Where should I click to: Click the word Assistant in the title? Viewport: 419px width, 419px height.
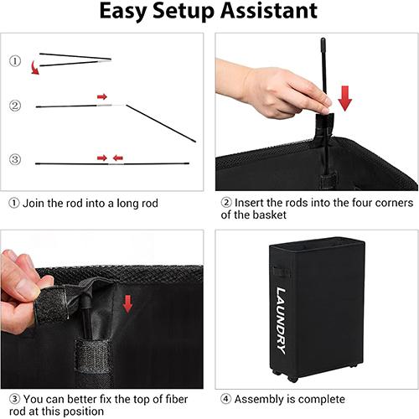coord(269,11)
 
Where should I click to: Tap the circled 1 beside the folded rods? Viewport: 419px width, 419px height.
coord(15,60)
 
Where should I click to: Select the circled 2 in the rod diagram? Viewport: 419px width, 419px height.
coord(15,106)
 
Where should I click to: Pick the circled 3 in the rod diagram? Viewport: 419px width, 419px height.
coord(15,159)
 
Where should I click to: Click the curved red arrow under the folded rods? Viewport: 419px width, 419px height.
coord(34,68)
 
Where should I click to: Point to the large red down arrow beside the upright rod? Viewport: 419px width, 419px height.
coord(345,98)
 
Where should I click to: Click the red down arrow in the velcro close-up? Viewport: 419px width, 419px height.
coord(127,304)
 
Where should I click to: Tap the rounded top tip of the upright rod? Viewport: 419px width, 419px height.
coord(323,39)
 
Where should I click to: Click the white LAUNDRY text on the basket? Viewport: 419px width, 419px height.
coord(282,321)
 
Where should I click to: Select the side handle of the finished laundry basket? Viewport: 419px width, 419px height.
coord(277,272)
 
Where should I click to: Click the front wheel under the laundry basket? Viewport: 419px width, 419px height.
coord(292,379)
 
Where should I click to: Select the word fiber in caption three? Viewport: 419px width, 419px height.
coord(177,399)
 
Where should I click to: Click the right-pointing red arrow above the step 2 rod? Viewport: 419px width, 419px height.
coord(102,96)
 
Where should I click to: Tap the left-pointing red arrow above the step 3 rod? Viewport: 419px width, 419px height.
coord(118,158)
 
